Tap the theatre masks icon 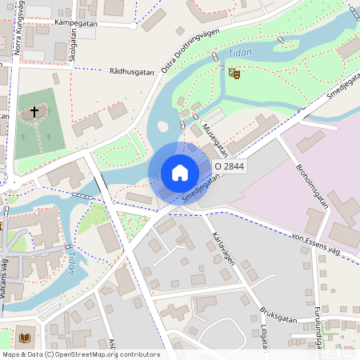(234, 74)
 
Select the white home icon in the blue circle (180, 173)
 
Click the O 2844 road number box (229, 166)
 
